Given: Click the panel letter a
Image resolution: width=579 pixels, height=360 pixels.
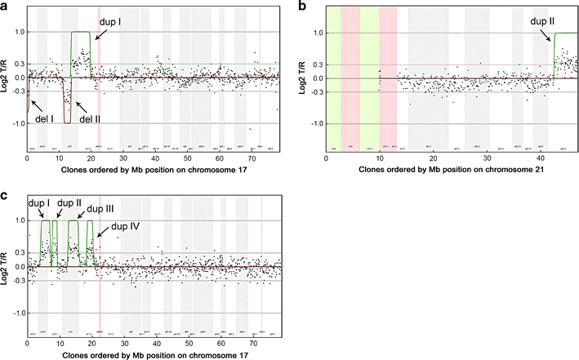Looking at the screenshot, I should tap(4, 5).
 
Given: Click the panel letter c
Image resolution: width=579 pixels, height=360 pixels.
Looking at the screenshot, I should tap(4, 196).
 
